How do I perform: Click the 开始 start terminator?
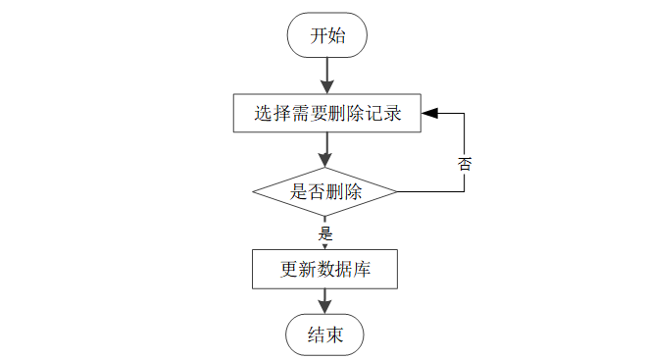point(327,35)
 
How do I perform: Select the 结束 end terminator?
point(325,334)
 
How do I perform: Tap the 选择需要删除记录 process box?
point(327,113)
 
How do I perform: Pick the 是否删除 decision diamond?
point(325,191)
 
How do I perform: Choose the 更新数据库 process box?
point(325,269)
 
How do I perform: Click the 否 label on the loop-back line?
point(465,164)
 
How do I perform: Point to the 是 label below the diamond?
point(325,233)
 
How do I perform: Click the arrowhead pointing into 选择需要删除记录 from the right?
point(429,113)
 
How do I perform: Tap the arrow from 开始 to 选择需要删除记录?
point(327,76)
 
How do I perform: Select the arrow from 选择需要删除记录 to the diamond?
point(325,150)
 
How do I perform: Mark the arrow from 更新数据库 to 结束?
point(325,301)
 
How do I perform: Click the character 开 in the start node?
point(319,35)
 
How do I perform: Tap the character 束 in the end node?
point(334,334)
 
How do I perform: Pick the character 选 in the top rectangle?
point(263,114)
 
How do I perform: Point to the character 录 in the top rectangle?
point(392,114)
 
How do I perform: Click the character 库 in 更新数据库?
point(362,270)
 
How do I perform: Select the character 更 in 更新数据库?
point(289,270)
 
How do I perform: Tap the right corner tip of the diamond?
point(397,191)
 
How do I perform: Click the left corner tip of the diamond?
point(253,191)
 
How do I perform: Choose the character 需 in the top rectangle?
point(300,114)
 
